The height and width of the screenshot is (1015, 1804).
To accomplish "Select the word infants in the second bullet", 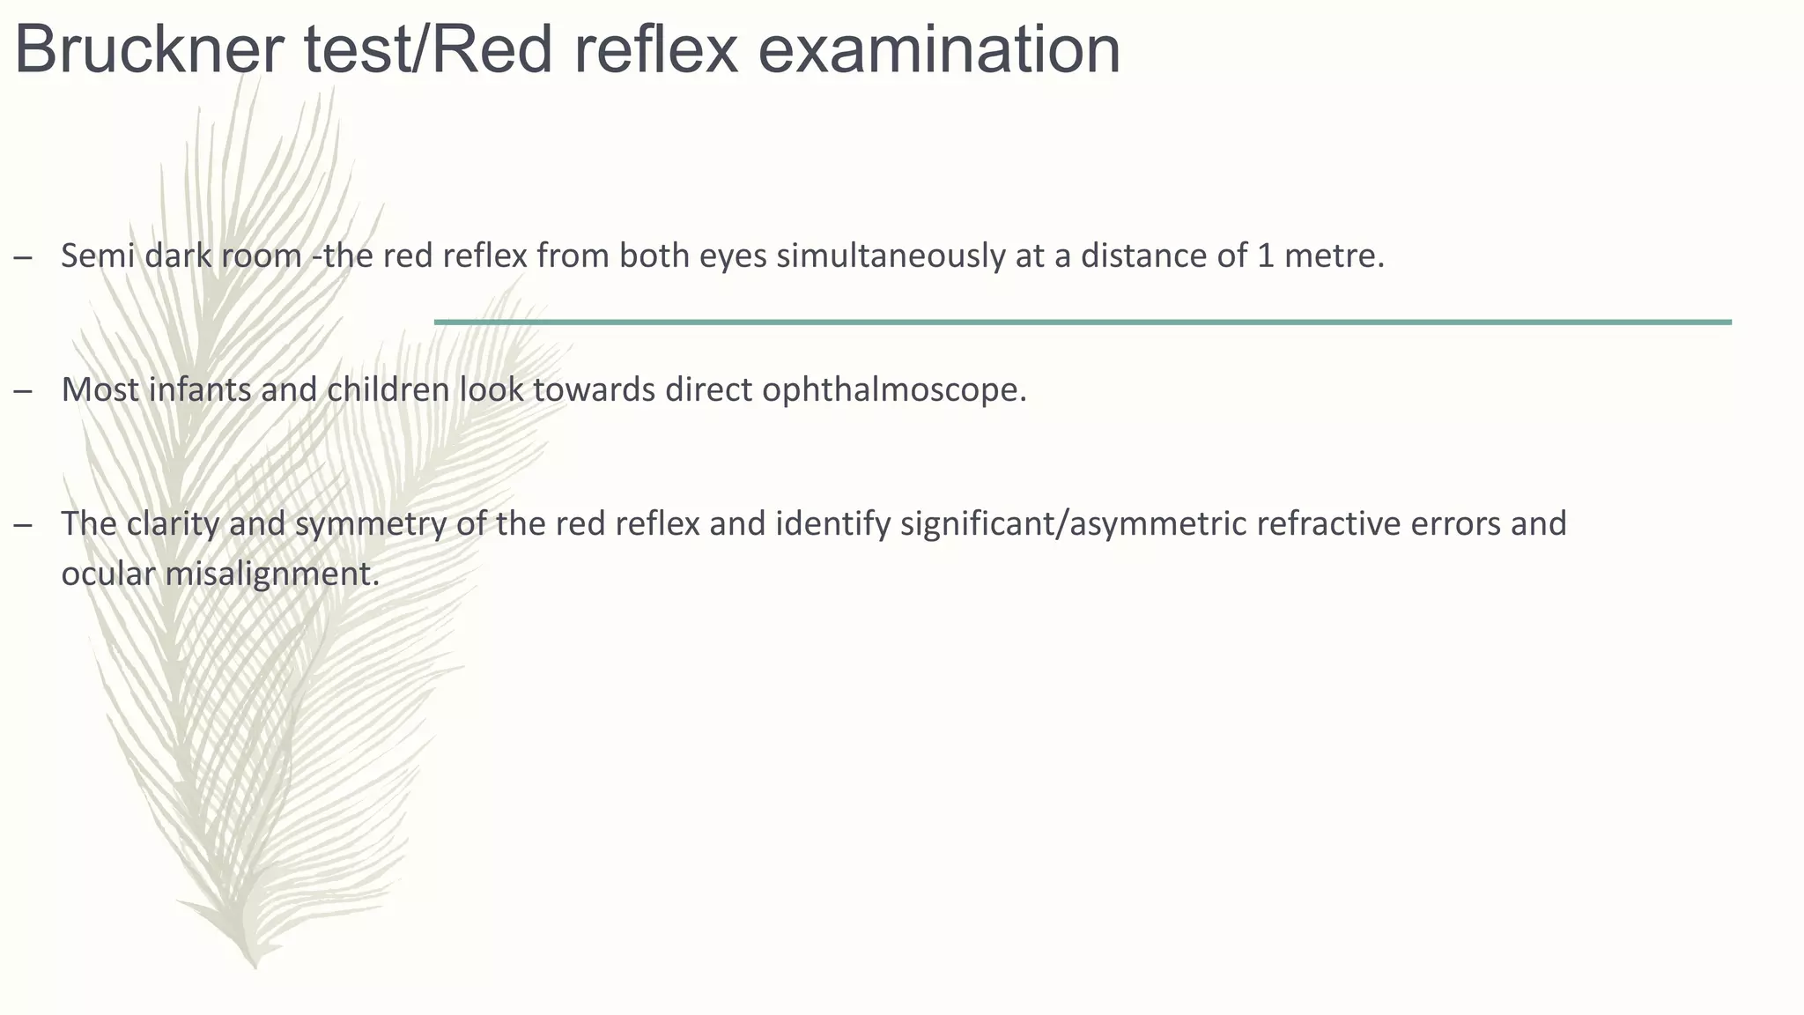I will pyautogui.click(x=200, y=389).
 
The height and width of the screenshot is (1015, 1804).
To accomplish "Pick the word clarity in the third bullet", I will pyautogui.click(x=174, y=523).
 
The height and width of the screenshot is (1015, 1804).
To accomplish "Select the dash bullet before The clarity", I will pyautogui.click(x=24, y=525).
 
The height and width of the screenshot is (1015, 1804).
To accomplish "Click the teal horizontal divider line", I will pyautogui.click(x=1083, y=322).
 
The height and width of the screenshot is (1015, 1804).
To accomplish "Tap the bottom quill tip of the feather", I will pyautogui.click(x=255, y=965).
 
